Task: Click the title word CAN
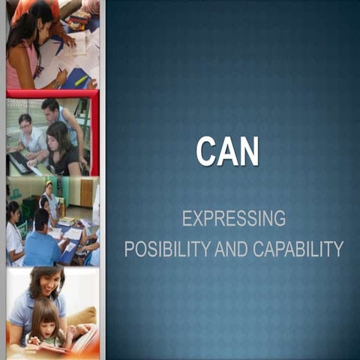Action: click(227, 151)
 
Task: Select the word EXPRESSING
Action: click(233, 218)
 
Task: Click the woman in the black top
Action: click(63, 150)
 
